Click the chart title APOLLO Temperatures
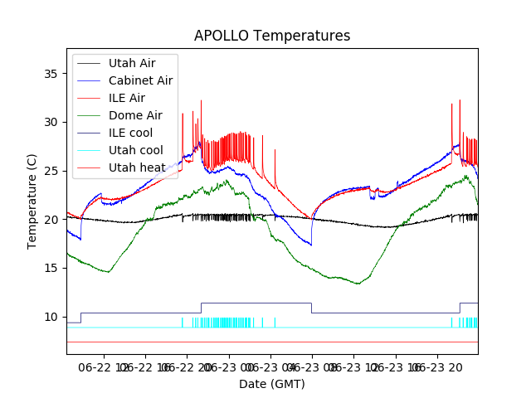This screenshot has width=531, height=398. point(272,36)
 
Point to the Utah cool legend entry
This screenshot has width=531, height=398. point(135,150)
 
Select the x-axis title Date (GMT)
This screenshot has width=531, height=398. point(272,384)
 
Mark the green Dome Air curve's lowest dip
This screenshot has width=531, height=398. point(358,284)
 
